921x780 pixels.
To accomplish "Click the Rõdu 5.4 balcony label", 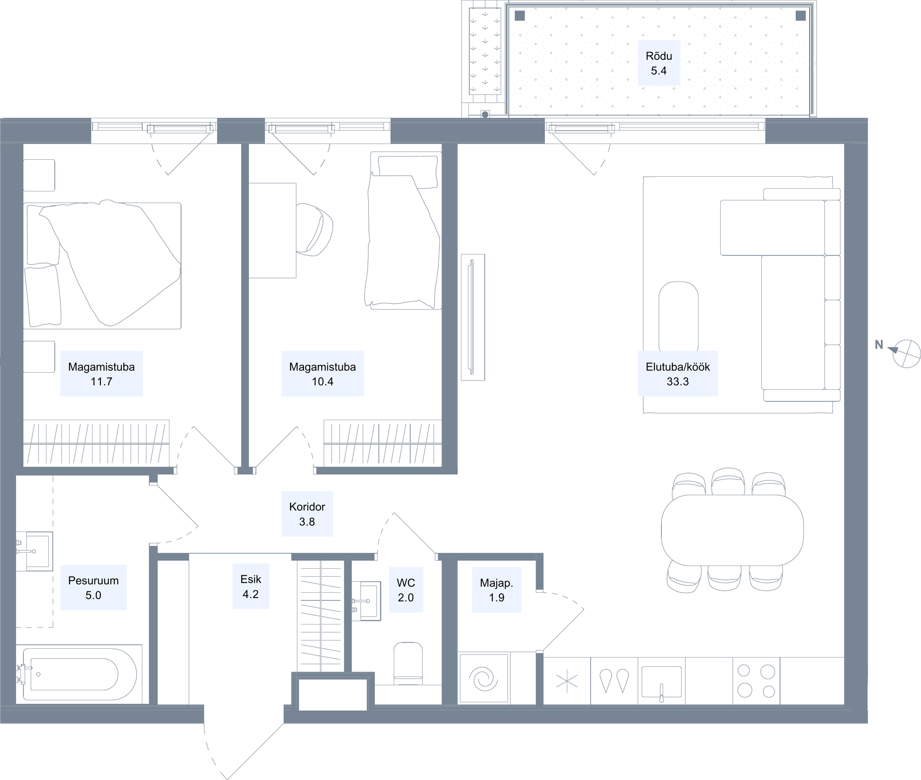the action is pos(659,63).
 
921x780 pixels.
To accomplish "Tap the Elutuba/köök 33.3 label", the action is pos(677,374).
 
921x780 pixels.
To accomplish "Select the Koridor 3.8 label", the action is pos(307,514).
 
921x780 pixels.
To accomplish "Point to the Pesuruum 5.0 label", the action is pos(93,588).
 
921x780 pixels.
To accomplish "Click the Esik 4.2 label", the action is pos(251,586).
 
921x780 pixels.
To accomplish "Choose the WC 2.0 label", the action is pos(406,590).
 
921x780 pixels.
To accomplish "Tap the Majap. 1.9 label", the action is pos(496,590).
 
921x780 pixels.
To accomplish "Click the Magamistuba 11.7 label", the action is pos(101,374).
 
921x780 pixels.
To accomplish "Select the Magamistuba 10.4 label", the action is pos(322,374).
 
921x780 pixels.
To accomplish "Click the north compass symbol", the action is pos(906,354).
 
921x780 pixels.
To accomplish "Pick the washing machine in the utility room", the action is pos(484,678).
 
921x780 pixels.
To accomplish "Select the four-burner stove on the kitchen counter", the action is pos(756,681).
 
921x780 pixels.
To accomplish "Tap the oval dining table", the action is pos(732,530).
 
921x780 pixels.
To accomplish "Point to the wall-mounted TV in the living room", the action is pos(472,317).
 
